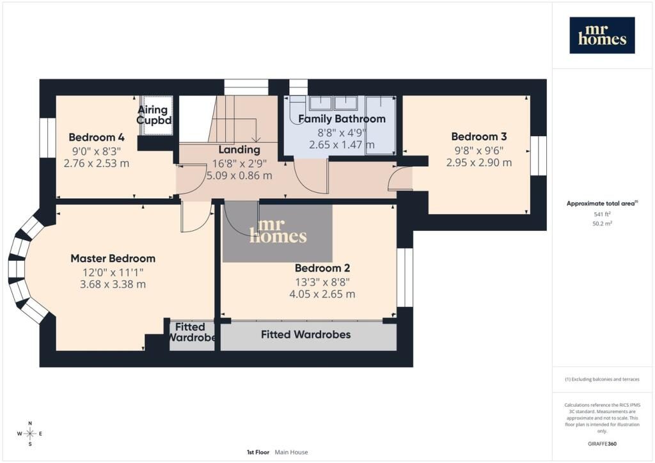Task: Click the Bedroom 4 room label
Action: click(x=97, y=137)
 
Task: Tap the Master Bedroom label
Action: click(x=113, y=258)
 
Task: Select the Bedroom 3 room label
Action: click(x=479, y=136)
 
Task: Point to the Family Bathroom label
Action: click(x=342, y=119)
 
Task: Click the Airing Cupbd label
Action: click(x=154, y=115)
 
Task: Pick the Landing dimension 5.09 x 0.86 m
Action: click(x=239, y=176)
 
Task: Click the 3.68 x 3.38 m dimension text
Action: click(x=113, y=285)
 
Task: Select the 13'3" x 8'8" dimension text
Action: click(x=322, y=282)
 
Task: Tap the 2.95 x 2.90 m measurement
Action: click(x=479, y=162)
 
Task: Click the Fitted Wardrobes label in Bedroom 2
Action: click(x=306, y=334)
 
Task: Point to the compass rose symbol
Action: click(x=29, y=434)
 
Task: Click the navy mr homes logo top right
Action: click(x=602, y=35)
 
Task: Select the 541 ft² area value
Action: click(x=602, y=214)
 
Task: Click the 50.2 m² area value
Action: click(x=602, y=223)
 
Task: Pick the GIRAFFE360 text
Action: click(x=602, y=444)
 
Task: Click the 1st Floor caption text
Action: click(x=258, y=452)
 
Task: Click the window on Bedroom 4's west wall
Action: click(x=47, y=137)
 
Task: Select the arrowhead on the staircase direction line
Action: click(x=256, y=139)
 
